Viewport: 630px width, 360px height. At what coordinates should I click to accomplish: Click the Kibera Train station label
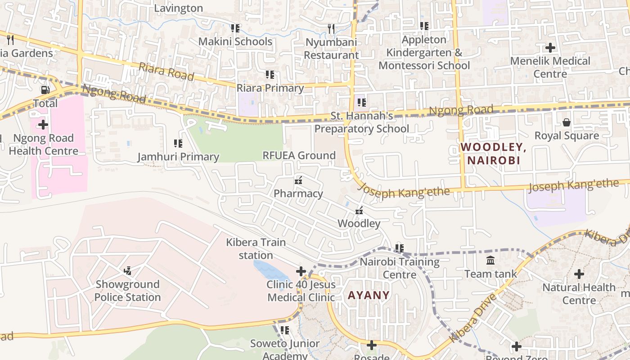click(x=256, y=249)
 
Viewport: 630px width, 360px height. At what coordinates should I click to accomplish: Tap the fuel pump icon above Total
click(x=45, y=90)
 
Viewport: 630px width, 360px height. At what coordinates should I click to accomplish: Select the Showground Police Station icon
click(x=128, y=270)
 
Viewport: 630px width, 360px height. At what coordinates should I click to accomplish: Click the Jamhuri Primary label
click(x=178, y=157)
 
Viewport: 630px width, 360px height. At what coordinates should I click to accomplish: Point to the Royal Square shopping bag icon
click(x=566, y=122)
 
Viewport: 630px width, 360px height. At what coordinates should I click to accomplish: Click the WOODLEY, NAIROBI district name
click(x=493, y=153)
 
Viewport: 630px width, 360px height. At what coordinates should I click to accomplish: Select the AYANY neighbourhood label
click(x=369, y=295)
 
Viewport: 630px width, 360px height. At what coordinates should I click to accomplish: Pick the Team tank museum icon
click(x=490, y=260)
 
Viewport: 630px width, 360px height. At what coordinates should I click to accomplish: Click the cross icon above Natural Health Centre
click(x=579, y=274)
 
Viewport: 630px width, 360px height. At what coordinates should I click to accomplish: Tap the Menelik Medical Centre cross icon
click(x=550, y=47)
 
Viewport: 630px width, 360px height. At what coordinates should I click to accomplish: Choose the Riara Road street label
click(x=166, y=72)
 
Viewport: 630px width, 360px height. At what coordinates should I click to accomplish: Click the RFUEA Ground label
click(x=299, y=156)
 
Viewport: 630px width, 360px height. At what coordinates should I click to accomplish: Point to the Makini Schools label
click(x=236, y=42)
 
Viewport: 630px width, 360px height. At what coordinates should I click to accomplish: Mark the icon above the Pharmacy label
click(x=298, y=180)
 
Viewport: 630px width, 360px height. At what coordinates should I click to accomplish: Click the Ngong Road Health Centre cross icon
click(x=43, y=124)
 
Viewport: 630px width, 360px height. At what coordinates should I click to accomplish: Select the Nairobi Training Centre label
click(x=400, y=268)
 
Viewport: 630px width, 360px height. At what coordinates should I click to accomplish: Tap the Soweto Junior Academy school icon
click(x=284, y=330)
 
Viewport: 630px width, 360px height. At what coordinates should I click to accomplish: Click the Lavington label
click(x=179, y=8)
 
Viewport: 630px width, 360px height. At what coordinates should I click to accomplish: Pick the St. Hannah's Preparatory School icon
click(x=362, y=103)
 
